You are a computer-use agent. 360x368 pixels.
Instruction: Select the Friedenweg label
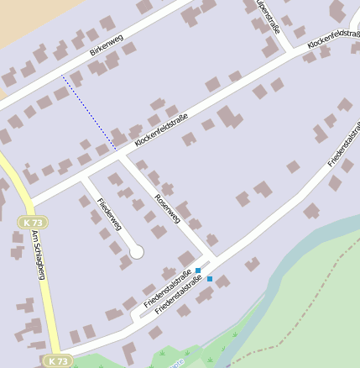[x=110, y=214]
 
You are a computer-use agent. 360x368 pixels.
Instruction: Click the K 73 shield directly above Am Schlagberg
[x=32, y=222]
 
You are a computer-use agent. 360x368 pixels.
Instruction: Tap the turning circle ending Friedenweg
[x=137, y=251]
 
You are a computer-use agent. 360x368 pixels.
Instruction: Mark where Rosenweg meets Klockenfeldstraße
[x=121, y=155]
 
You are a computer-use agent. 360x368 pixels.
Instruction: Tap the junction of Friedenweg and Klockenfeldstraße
[x=81, y=178]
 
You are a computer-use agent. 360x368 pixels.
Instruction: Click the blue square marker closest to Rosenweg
[x=198, y=271]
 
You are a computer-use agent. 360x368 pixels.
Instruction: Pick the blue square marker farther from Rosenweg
[x=210, y=278]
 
